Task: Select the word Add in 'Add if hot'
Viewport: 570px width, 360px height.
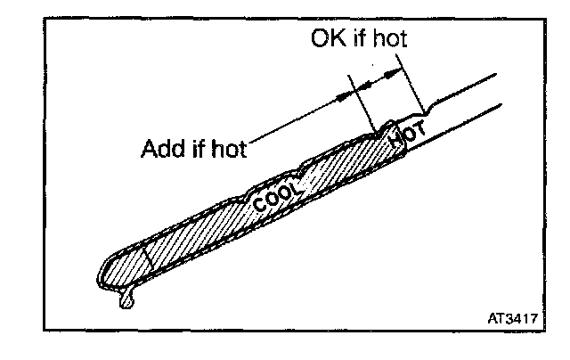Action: point(159,147)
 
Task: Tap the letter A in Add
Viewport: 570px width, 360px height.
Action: point(149,147)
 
